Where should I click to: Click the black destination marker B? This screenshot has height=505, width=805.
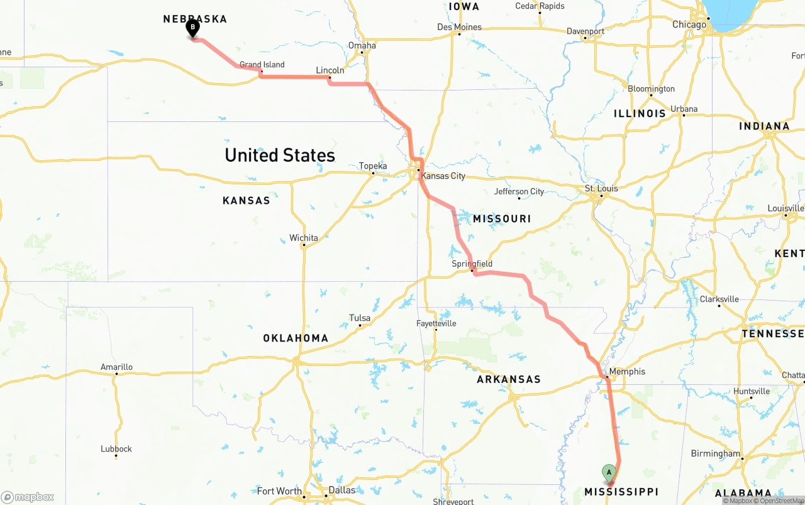pyautogui.click(x=192, y=28)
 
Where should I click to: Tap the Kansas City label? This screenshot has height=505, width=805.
pyautogui.click(x=443, y=175)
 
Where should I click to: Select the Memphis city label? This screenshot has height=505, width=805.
pyautogui.click(x=627, y=372)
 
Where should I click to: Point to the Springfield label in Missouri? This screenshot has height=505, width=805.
pyautogui.click(x=472, y=264)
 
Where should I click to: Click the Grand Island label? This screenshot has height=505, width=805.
pyautogui.click(x=262, y=65)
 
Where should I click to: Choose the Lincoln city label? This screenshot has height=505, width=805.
pyautogui.click(x=330, y=70)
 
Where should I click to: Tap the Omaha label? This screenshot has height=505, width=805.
pyautogui.click(x=362, y=45)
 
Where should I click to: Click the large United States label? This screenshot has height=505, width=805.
pyautogui.click(x=280, y=155)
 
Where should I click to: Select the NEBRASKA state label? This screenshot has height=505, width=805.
pyautogui.click(x=195, y=19)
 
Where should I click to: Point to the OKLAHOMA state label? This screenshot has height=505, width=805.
pyautogui.click(x=296, y=338)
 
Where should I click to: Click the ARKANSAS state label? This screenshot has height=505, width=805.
pyautogui.click(x=508, y=379)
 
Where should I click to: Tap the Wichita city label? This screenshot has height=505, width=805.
pyautogui.click(x=304, y=238)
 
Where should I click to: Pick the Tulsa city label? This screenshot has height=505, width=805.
pyautogui.click(x=360, y=318)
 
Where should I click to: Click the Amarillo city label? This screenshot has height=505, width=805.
pyautogui.click(x=116, y=367)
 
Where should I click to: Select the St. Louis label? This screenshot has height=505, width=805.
pyautogui.click(x=601, y=189)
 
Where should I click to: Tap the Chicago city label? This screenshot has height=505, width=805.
pyautogui.click(x=689, y=25)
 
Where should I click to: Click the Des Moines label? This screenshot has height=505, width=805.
pyautogui.click(x=459, y=27)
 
